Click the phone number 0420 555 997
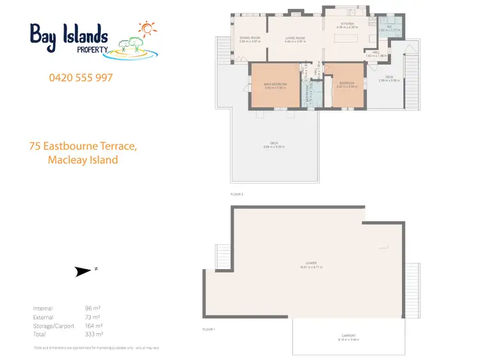(81, 77)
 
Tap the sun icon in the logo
(148, 29)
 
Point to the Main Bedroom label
(276, 84)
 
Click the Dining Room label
(250, 38)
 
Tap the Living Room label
(295, 38)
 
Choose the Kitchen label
(348, 24)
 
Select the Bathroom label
(307, 97)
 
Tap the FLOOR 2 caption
(237, 193)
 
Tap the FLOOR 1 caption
(209, 329)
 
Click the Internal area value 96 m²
(92, 308)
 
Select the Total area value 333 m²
(93, 333)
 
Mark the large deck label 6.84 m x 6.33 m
(274, 145)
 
